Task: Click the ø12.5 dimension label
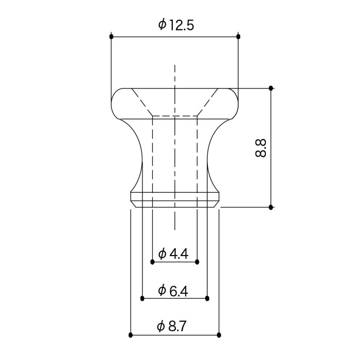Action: click(x=176, y=25)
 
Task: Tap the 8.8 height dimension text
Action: click(x=261, y=148)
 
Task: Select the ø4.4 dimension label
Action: click(x=173, y=254)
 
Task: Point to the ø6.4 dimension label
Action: click(x=173, y=291)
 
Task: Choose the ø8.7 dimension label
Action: click(x=171, y=326)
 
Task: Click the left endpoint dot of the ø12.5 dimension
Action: click(x=112, y=37)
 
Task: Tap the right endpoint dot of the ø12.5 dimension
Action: click(x=238, y=37)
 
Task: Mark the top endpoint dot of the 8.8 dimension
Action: click(x=271, y=88)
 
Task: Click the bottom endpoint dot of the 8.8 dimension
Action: click(x=271, y=207)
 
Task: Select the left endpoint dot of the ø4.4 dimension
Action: click(x=152, y=262)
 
